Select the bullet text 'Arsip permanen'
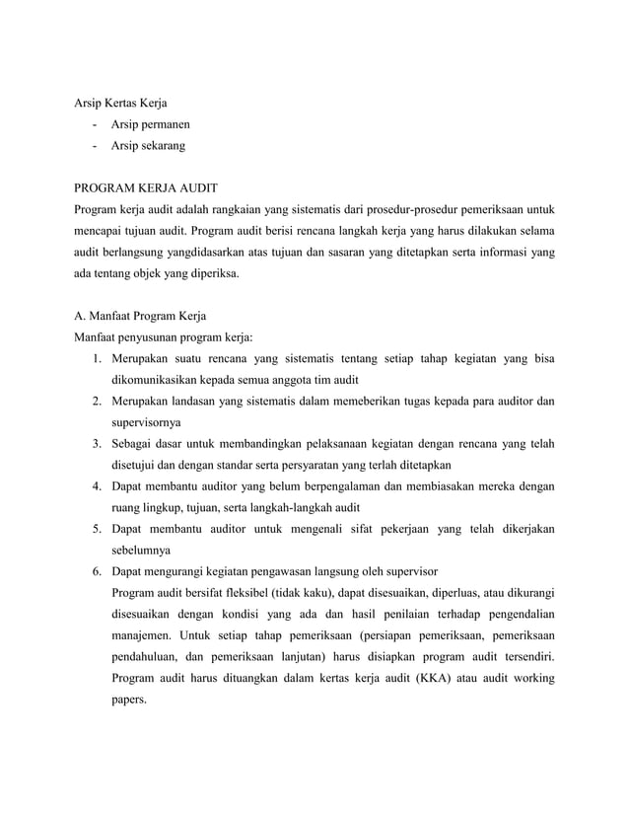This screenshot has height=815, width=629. click(151, 124)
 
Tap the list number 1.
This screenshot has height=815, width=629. click(98, 359)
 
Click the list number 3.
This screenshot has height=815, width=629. click(98, 444)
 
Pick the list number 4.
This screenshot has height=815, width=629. click(98, 486)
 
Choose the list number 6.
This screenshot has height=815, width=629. click(98, 572)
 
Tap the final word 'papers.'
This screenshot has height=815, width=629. click(129, 700)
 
